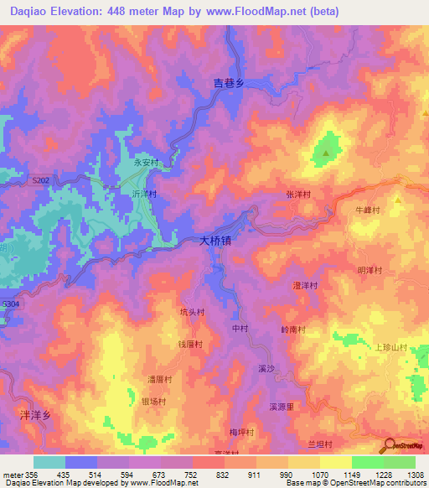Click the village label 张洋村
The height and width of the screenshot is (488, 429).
pyautogui.click(x=298, y=194)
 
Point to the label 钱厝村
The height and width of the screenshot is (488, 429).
pyautogui.click(x=192, y=345)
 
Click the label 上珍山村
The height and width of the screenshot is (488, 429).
pyautogui.click(x=390, y=348)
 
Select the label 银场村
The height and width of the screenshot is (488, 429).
pyautogui.click(x=152, y=402)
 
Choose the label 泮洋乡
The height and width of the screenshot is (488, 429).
pyautogui.click(x=35, y=415)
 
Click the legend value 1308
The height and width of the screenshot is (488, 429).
pyautogui.click(x=416, y=475)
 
